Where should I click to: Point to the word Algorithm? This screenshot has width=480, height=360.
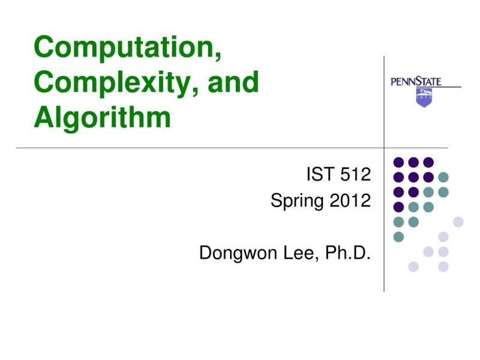click(x=102, y=118)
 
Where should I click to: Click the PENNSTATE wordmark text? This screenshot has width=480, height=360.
click(x=416, y=82)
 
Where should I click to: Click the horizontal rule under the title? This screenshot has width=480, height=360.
click(x=180, y=148)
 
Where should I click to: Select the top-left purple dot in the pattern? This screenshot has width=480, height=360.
click(x=398, y=162)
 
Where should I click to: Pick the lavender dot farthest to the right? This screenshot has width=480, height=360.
click(x=458, y=221)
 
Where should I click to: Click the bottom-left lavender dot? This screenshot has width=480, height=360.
click(x=413, y=266)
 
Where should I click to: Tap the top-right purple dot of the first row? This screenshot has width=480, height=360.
click(x=428, y=162)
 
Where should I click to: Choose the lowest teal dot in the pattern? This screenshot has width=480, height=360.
click(x=398, y=236)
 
